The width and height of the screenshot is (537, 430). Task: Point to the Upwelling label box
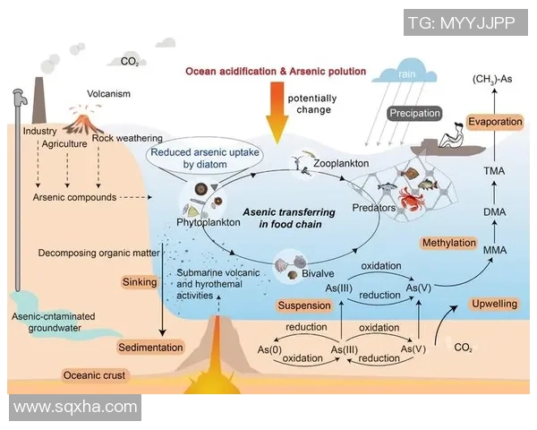(x=494, y=304)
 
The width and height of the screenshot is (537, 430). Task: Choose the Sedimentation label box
(x=150, y=347)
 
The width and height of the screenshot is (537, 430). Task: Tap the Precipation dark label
(x=414, y=114)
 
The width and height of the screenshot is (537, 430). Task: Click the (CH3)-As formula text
(x=493, y=81)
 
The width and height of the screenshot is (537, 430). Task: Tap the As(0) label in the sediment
(x=269, y=348)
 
